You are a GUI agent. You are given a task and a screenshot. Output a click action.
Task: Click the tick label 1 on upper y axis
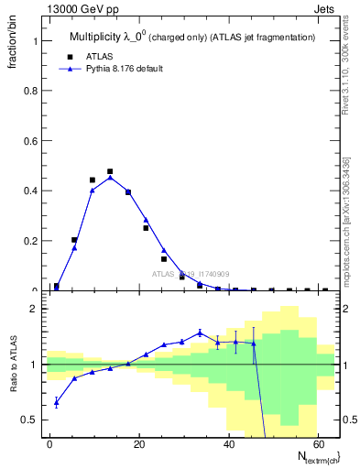click(36, 42)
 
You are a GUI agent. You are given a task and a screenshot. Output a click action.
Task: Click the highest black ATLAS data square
click(110, 171)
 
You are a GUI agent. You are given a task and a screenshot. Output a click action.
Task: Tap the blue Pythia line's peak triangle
click(110, 178)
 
